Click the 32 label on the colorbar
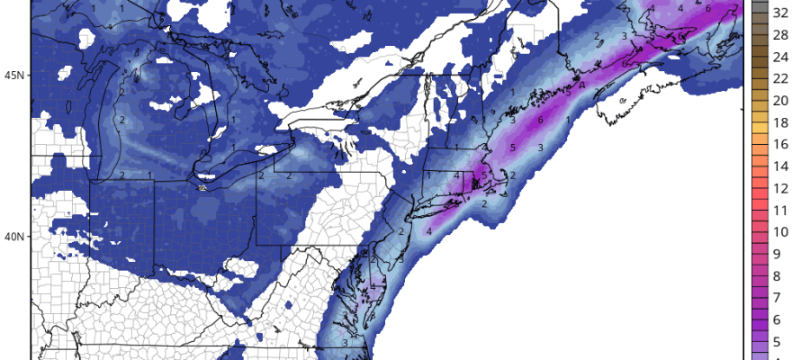click(x=780, y=13)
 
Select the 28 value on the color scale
click(x=780, y=34)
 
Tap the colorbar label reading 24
click(x=780, y=57)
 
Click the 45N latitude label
click(x=14, y=75)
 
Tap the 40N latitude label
click(x=14, y=237)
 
